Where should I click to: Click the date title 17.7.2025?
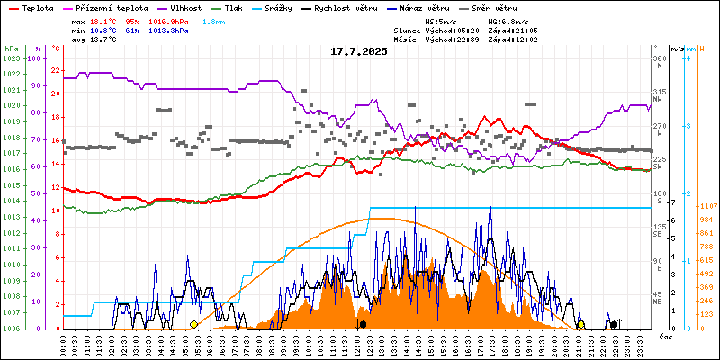[x=358, y=51]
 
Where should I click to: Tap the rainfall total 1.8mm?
[x=214, y=21]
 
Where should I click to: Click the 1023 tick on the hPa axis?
[x=11, y=58]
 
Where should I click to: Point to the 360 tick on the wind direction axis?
[x=660, y=58]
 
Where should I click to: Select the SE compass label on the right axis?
[x=657, y=235]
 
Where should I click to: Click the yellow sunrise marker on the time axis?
[x=193, y=324]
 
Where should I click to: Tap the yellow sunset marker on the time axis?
[x=581, y=324]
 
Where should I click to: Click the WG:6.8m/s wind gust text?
[x=508, y=21]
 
